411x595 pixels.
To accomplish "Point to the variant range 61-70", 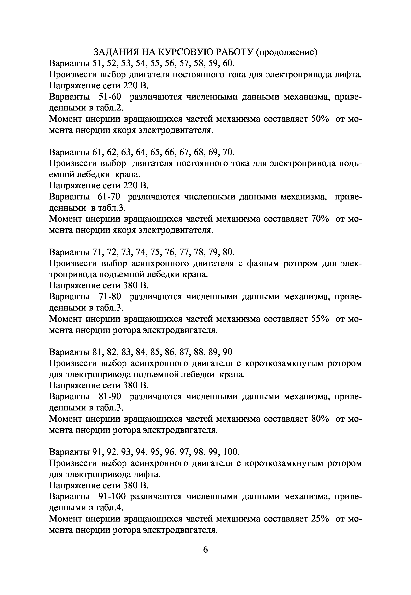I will (x=109, y=197).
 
